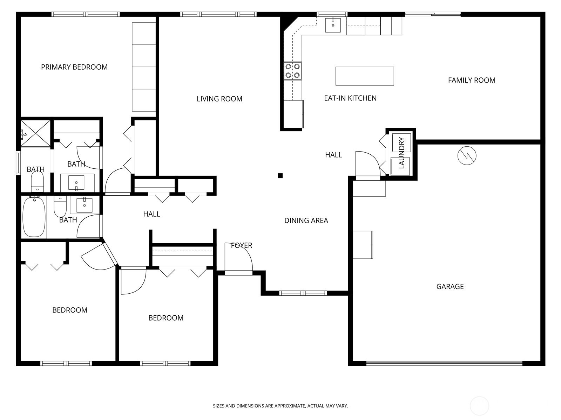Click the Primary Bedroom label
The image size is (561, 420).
pyautogui.click(x=74, y=67)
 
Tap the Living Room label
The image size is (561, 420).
pyautogui.click(x=219, y=99)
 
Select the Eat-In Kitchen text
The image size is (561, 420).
pyautogui.click(x=350, y=98)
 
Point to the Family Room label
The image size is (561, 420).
pyautogui.click(x=472, y=80)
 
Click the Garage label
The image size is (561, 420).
pyautogui.click(x=450, y=286)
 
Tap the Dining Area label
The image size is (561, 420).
pyautogui.click(x=306, y=220)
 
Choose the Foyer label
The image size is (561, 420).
pyautogui.click(x=242, y=245)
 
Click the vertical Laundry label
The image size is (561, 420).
pyautogui.click(x=401, y=153)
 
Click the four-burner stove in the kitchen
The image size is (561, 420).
pyautogui.click(x=292, y=71)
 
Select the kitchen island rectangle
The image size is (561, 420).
pyautogui.click(x=364, y=76)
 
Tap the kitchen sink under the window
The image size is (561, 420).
pyautogui.click(x=333, y=24)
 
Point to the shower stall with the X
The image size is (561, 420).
pyautogui.click(x=35, y=133)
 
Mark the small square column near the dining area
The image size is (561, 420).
pyautogui.click(x=280, y=175)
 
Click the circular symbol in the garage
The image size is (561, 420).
pyautogui.click(x=467, y=155)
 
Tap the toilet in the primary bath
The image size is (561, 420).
pyautogui.click(x=37, y=181)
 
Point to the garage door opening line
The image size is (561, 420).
pyautogui.click(x=444, y=363)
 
